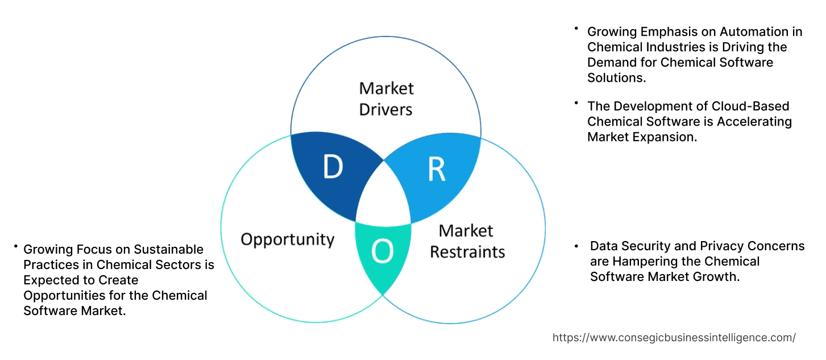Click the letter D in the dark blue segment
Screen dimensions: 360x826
(x=333, y=167)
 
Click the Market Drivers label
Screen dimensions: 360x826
(x=386, y=98)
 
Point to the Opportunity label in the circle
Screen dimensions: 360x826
(x=287, y=239)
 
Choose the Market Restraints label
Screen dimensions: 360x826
(x=467, y=241)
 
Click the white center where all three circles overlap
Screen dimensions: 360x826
(x=383, y=196)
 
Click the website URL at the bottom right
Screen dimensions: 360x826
(x=674, y=337)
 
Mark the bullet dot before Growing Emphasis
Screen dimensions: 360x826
(x=576, y=28)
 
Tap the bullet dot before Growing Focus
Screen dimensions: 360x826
(x=16, y=247)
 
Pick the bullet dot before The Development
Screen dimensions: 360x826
(x=576, y=103)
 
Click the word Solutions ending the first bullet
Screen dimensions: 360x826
(x=616, y=78)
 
